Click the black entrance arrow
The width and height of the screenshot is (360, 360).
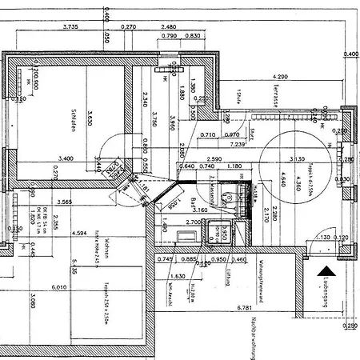click(326, 274)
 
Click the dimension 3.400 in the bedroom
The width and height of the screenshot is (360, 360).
click(66, 158)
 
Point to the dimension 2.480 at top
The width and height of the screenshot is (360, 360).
click(169, 26)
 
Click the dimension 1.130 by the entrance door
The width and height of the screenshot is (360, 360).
click(324, 238)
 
